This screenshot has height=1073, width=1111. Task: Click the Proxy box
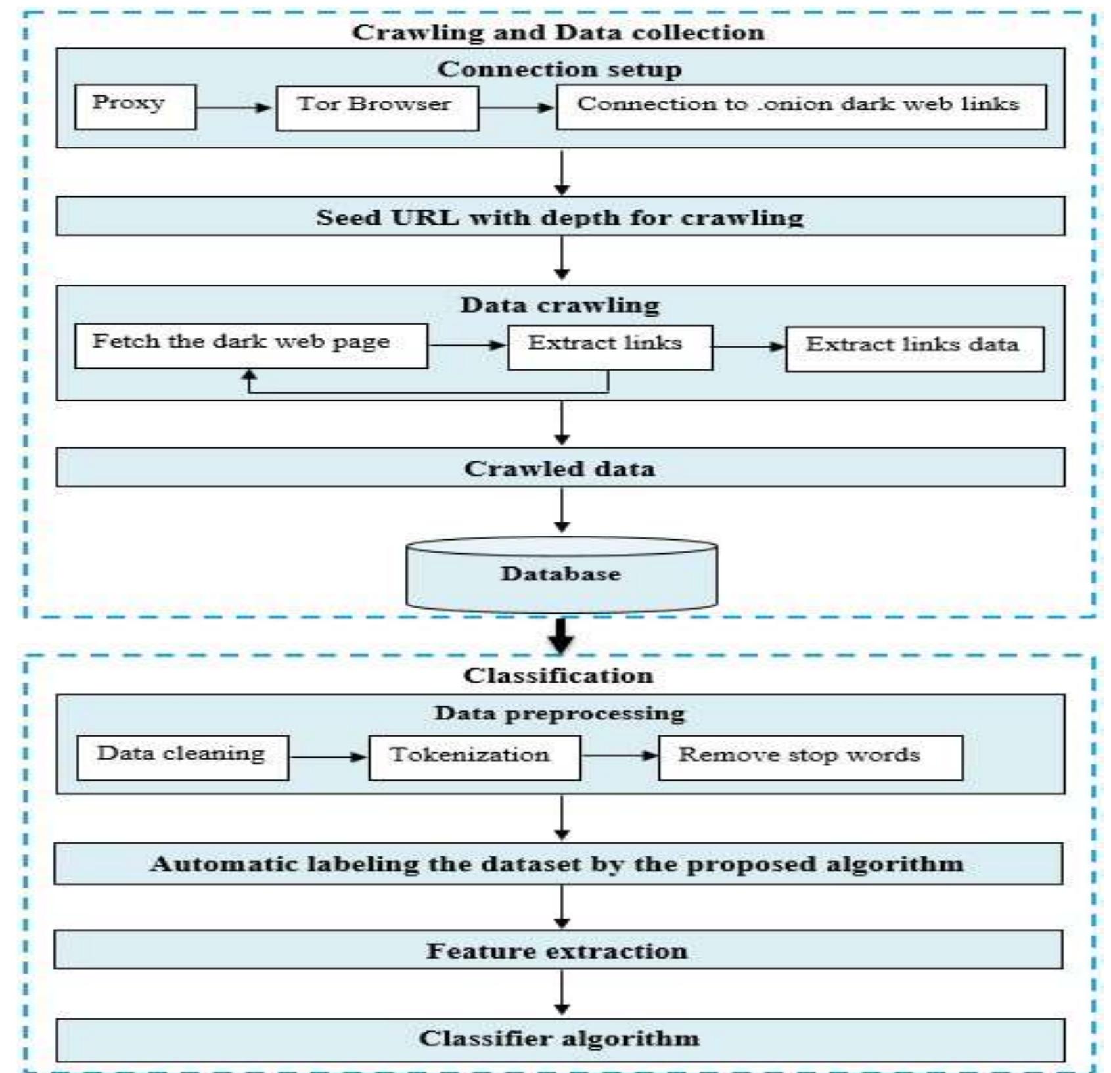(135, 106)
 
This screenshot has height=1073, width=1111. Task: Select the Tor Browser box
(376, 107)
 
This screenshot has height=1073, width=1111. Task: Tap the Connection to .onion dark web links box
(801, 106)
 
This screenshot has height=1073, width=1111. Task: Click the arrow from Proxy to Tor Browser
(235, 108)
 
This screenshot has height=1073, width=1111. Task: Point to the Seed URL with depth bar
(560, 217)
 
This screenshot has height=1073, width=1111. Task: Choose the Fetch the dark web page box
(250, 346)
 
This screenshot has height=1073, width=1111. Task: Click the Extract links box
(609, 346)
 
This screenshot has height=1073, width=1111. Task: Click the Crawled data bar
(560, 468)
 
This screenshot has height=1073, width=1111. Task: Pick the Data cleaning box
(182, 758)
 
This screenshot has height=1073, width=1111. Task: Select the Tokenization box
(474, 758)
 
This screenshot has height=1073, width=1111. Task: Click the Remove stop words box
(810, 758)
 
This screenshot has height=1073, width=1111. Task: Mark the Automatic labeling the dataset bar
(558, 863)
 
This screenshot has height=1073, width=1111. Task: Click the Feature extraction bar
(558, 950)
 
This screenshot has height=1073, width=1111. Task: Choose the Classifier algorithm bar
(560, 1038)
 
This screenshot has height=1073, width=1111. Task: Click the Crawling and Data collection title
(558, 32)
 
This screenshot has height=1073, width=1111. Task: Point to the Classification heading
(558, 675)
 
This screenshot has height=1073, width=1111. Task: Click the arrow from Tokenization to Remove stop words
(619, 756)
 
